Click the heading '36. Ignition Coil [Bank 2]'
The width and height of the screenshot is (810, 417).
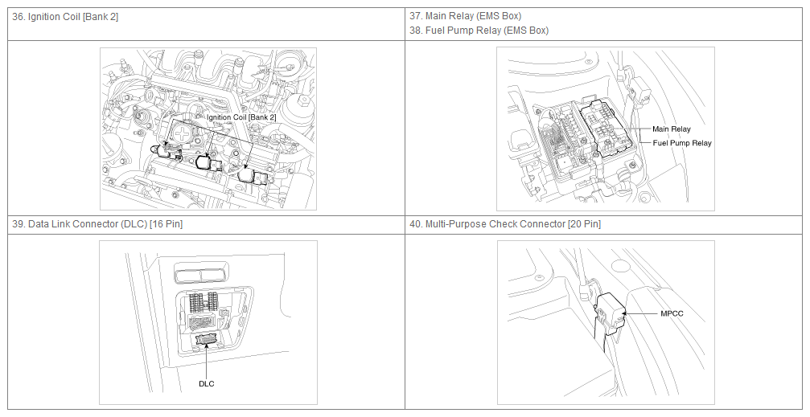(x=65, y=17)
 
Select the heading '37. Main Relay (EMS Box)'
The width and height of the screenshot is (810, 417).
(x=466, y=16)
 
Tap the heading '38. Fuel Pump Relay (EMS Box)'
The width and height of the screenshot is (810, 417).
(x=479, y=31)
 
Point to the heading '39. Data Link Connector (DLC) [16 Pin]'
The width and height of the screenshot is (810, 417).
(x=97, y=224)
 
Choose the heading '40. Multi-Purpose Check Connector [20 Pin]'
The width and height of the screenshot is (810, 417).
(x=505, y=224)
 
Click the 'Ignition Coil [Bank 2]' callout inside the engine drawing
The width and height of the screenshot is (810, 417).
(x=241, y=117)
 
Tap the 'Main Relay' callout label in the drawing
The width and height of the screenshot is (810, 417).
(x=671, y=129)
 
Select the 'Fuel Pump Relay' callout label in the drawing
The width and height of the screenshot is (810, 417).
(x=682, y=143)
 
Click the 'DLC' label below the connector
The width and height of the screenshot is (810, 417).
(x=206, y=383)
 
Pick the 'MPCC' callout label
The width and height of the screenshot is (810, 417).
(x=672, y=313)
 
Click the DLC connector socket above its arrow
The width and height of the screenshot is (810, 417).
(x=207, y=339)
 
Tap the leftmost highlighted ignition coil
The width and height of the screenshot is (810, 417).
(x=166, y=151)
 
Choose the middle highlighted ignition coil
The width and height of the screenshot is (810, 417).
(x=208, y=162)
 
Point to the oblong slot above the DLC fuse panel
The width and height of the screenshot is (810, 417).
(x=200, y=273)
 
